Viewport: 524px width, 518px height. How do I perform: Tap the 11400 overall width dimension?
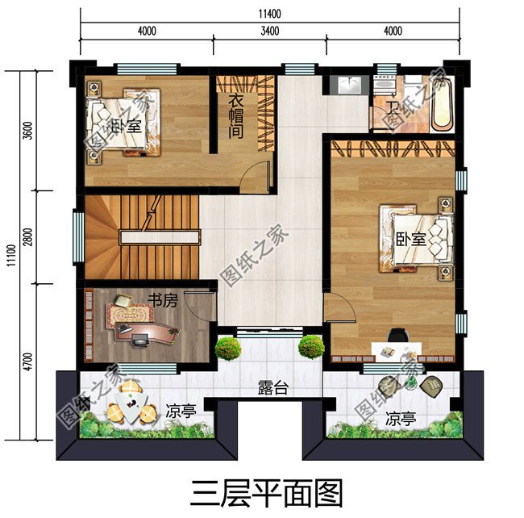click(270, 14)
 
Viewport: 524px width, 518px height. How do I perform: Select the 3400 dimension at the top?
click(270, 31)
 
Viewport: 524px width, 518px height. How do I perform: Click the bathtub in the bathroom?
click(440, 105)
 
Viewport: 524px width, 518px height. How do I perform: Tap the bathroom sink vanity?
click(350, 85)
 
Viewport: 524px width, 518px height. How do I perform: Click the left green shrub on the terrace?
click(228, 349)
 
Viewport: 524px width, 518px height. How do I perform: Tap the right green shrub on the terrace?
click(310, 348)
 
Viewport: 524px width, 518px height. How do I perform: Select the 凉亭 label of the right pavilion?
click(401, 420)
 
